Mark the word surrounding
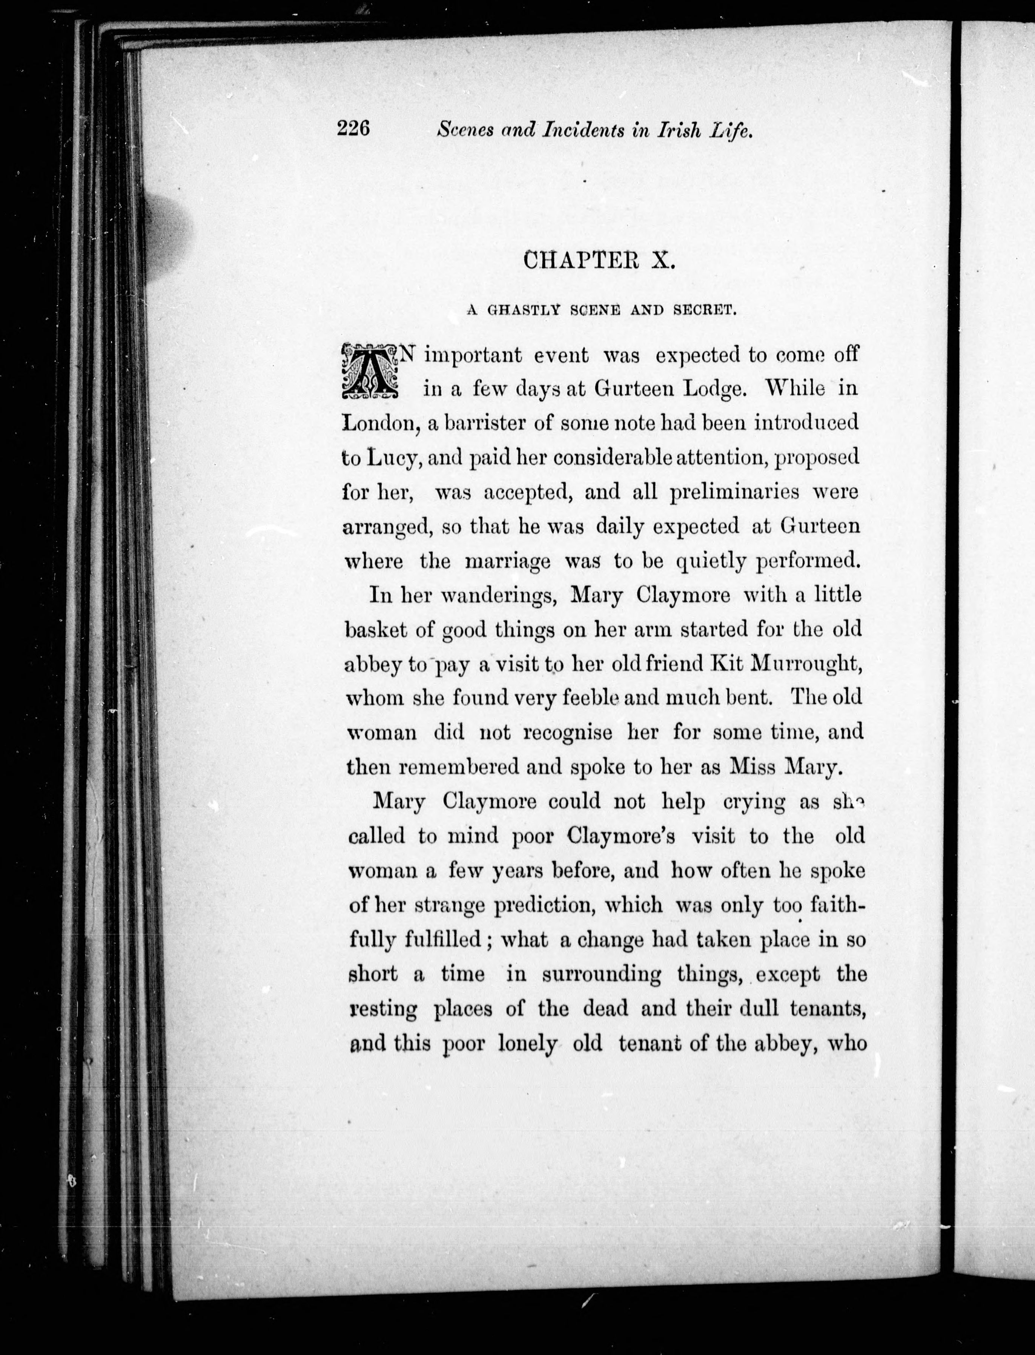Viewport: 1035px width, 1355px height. [x=601, y=974]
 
